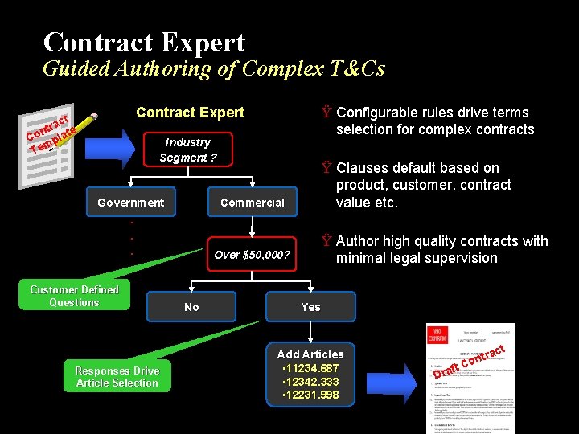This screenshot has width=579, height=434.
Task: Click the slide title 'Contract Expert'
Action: [144, 42]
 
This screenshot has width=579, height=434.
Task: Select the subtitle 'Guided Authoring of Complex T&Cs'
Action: [213, 68]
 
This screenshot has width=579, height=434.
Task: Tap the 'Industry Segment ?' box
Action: [187, 149]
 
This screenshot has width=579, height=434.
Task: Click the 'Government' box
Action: [130, 203]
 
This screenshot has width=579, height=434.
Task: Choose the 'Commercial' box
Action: [252, 203]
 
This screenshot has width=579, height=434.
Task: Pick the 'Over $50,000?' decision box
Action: [251, 256]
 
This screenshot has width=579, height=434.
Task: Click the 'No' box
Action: [191, 307]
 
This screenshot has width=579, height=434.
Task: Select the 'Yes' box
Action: [310, 307]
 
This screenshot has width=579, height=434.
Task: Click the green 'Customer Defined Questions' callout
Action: [74, 296]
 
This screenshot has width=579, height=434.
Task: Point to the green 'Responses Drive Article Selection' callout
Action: [117, 377]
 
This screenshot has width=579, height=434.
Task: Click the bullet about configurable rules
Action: [434, 121]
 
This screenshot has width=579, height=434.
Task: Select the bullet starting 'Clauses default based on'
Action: [423, 185]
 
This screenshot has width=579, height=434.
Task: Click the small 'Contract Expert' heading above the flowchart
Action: [190, 113]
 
